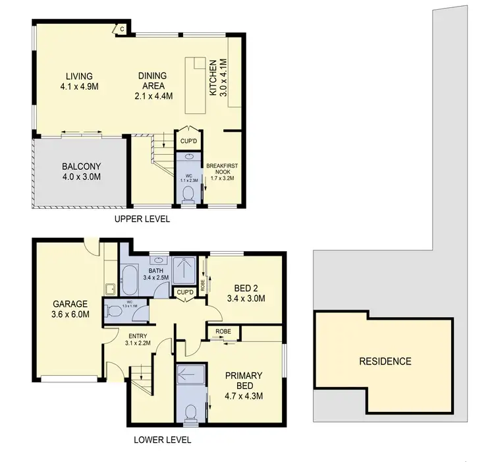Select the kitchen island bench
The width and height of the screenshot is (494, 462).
[196, 86]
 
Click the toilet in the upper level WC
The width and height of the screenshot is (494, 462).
[188, 193]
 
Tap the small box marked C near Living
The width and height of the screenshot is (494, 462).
[121, 28]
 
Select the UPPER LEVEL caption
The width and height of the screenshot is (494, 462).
[142, 219]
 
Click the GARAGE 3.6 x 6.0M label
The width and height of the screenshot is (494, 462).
[70, 309]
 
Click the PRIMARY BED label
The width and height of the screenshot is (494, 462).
[244, 386]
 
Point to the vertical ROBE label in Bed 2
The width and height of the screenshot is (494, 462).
[202, 284]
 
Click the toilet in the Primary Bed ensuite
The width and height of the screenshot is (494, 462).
[190, 413]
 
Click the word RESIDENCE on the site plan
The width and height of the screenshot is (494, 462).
[385, 361]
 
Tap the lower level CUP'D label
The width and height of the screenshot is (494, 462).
[184, 292]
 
